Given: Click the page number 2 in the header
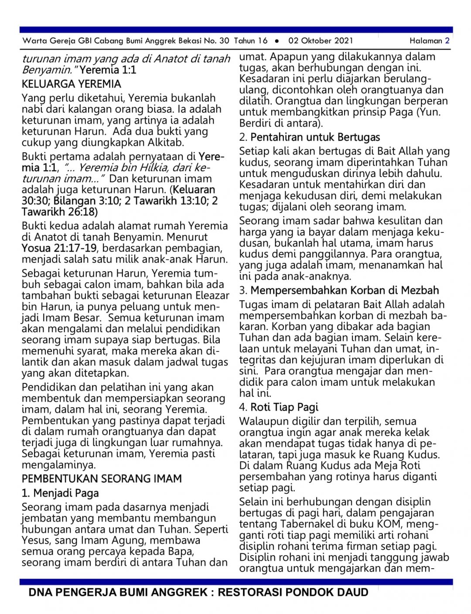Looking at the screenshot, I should pos(447,41).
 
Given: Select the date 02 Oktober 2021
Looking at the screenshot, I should pos(321,41).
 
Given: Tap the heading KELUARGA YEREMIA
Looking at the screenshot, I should pos(72,84).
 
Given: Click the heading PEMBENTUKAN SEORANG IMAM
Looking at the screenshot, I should pos(102,478).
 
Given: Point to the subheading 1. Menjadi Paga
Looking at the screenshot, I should pos(60,493).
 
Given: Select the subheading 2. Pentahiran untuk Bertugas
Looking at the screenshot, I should pos(309,137).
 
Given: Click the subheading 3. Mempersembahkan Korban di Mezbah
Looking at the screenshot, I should pos(339,290).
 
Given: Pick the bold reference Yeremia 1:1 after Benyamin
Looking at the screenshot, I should pos(108,70).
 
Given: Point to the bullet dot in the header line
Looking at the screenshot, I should pos(277,41).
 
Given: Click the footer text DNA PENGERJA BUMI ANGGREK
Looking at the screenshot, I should pos(118,592).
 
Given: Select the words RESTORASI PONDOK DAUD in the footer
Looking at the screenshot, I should pos(293,592).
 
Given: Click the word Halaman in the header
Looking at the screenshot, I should pos(426,41).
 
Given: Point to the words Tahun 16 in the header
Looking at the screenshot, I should pos(251,41).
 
